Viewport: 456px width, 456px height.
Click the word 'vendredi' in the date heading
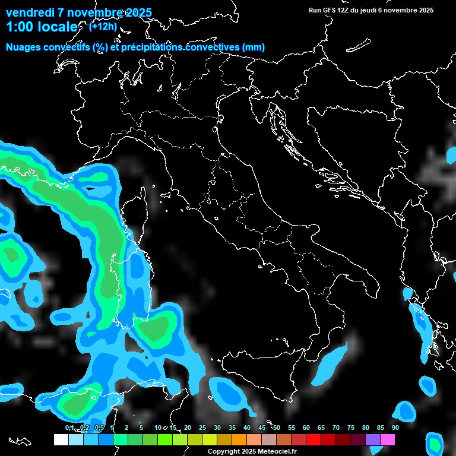29,12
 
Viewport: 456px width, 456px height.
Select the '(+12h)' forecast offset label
103,26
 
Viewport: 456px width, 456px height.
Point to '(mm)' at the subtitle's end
252,47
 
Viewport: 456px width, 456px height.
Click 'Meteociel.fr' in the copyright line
275,452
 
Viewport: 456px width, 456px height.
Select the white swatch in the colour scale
61,440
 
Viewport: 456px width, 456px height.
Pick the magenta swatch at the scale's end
388,440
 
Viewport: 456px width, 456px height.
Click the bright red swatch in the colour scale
313,440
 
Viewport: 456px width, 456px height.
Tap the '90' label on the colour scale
395,427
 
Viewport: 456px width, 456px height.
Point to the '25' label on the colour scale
202,427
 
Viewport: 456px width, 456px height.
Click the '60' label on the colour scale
306,427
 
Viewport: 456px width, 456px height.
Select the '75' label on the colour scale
351,427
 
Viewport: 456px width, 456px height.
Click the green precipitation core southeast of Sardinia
156,330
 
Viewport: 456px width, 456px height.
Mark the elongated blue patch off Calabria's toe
330,363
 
